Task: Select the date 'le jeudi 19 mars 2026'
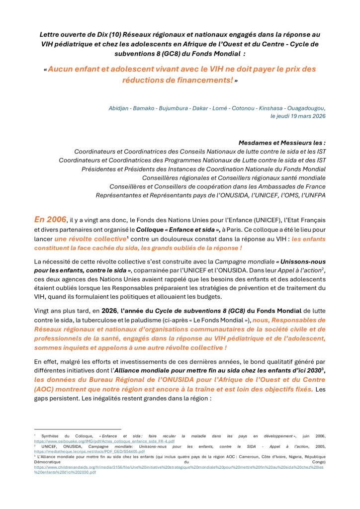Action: (x=298, y=116)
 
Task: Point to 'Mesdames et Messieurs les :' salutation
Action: (x=282, y=142)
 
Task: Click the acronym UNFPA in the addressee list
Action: (x=314, y=195)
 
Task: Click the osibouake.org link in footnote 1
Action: (x=104, y=441)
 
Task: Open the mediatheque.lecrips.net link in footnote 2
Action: (x=90, y=451)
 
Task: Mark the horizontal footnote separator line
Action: (x=78, y=429)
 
